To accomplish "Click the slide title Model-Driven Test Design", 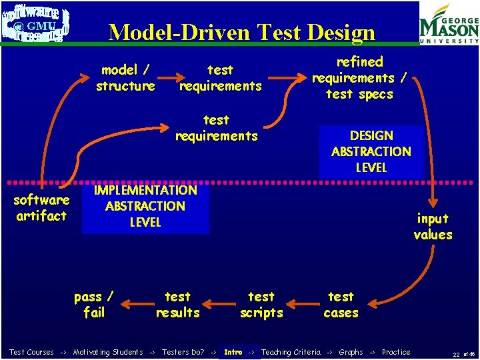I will coord(241,32).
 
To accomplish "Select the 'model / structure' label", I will coord(125,78).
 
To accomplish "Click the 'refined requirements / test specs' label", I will coord(360,78).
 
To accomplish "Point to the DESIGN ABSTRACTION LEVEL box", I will coord(371,151).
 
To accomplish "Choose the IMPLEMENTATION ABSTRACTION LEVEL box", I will coord(145,206).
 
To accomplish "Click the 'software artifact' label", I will coord(41,208).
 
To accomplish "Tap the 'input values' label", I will coord(433,227).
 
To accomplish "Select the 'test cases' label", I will coord(341,305).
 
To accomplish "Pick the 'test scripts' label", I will coord(261,305).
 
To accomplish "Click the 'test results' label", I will coord(177,305).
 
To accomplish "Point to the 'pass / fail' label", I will coord(93,305).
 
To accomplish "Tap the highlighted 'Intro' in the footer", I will coord(233,352).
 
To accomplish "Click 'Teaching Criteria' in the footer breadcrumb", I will coord(291,352).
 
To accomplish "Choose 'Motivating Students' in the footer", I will coord(108,352).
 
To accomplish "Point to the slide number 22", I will coord(456,353).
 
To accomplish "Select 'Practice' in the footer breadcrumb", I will coord(396,352).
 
